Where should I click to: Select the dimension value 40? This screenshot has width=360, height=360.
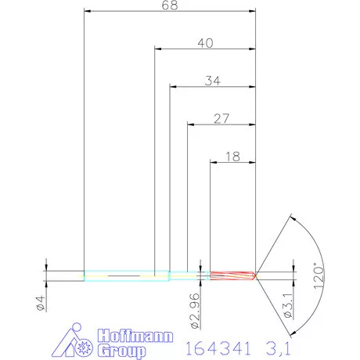coord(205,44)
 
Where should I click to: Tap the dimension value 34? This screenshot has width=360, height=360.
coord(212,81)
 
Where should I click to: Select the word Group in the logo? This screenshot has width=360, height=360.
coord(123,351)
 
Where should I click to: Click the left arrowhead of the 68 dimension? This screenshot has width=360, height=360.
coord(88,12)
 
